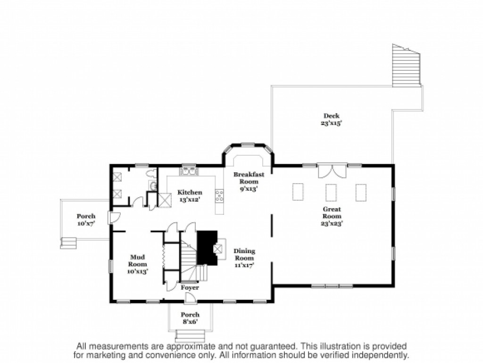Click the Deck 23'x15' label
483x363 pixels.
tap(332, 119)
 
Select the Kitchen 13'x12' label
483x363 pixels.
tap(190, 196)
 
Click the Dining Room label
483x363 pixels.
tap(244, 258)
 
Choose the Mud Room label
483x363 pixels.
tap(137, 264)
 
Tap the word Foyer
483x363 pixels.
tap(190, 287)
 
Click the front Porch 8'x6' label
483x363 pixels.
tap(190, 318)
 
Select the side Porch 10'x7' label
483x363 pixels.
tap(86, 219)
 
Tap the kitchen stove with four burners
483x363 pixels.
tap(220, 196)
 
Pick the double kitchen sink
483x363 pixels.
tap(189, 170)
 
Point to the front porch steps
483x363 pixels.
tap(190, 336)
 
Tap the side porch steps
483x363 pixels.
tap(68, 243)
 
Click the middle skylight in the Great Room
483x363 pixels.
tap(331, 192)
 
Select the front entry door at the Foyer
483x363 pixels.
tap(190, 297)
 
